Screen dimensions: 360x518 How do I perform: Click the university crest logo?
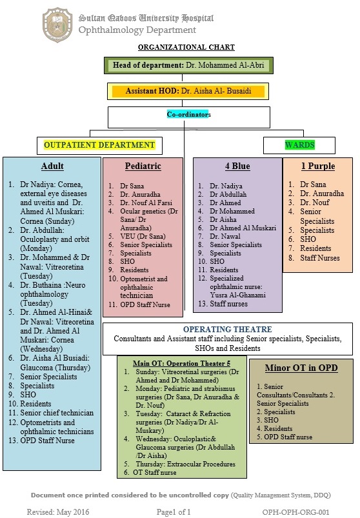(58, 25)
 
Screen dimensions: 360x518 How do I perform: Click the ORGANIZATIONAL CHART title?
(186, 47)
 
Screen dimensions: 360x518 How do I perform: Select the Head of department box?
(188, 65)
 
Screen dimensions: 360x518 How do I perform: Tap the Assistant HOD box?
(188, 91)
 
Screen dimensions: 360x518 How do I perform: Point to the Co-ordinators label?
(188, 114)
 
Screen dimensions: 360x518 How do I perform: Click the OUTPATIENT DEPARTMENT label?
(99, 144)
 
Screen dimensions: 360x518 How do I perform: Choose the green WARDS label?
(300, 144)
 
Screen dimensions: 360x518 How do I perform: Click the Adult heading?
(52, 166)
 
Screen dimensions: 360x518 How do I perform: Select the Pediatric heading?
(143, 166)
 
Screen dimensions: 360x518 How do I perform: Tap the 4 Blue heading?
(237, 166)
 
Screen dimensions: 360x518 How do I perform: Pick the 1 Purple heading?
(318, 166)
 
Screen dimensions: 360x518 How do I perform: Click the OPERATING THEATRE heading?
(228, 330)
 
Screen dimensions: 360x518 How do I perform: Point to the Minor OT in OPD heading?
(301, 368)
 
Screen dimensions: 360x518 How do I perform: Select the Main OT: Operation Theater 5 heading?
(182, 363)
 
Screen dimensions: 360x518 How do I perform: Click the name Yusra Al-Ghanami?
(238, 295)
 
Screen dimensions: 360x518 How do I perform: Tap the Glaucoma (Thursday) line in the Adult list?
(55, 367)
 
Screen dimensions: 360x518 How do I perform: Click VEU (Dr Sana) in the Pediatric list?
(143, 236)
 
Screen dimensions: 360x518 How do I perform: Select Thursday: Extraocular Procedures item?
(186, 464)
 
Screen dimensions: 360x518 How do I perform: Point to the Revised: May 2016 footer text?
(58, 512)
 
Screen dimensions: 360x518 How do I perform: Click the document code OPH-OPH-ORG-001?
(296, 512)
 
